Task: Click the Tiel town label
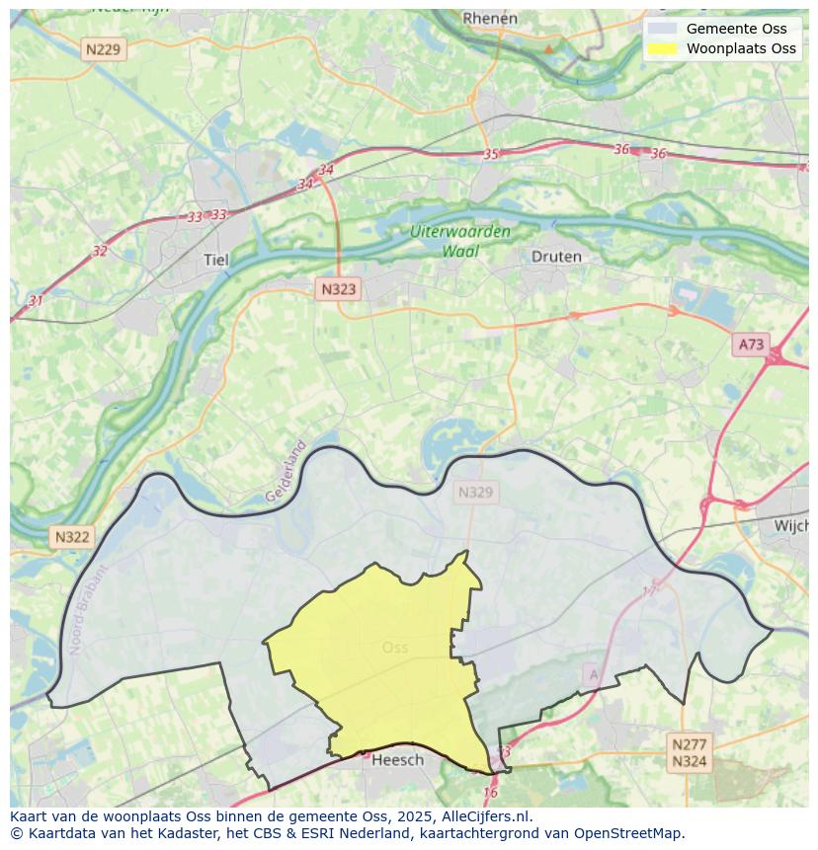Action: coord(215,261)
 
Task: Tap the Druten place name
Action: coord(556,257)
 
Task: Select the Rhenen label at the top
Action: coord(490,19)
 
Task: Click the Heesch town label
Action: coord(397,759)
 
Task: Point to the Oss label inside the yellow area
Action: coord(394,648)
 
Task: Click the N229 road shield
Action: coord(105,49)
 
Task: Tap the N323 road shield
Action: coord(338,289)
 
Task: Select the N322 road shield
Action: coord(72,537)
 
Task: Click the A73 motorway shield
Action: coord(751,345)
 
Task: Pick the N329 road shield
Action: coord(475,492)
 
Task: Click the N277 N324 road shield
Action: coord(689,752)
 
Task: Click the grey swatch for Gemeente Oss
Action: coord(663,29)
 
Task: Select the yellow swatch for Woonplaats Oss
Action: coord(663,48)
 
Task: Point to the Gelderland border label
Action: coord(286,471)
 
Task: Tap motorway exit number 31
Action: coord(37,300)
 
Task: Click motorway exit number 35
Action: coord(491,154)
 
